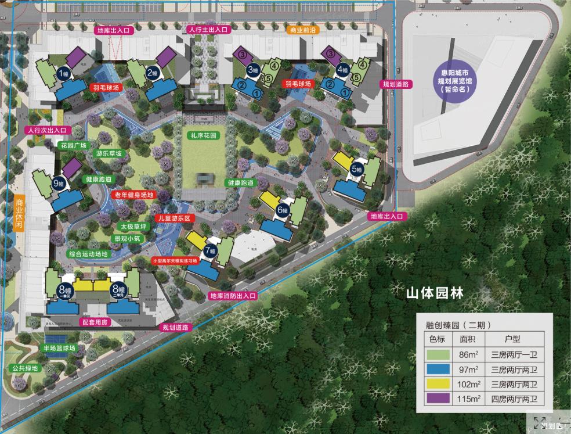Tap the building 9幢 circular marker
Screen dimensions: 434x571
click(59, 183)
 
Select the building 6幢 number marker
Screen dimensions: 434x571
click(283, 210)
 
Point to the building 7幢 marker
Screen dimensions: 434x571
click(209, 251)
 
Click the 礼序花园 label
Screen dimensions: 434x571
click(203, 135)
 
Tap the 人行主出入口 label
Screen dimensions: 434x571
click(208, 29)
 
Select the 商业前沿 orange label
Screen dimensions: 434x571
click(303, 30)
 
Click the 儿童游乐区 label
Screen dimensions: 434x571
click(174, 218)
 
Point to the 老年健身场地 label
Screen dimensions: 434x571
click(133, 195)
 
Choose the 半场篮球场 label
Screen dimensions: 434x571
click(59, 348)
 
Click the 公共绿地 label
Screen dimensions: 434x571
click(24, 368)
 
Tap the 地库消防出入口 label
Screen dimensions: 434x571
click(233, 296)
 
